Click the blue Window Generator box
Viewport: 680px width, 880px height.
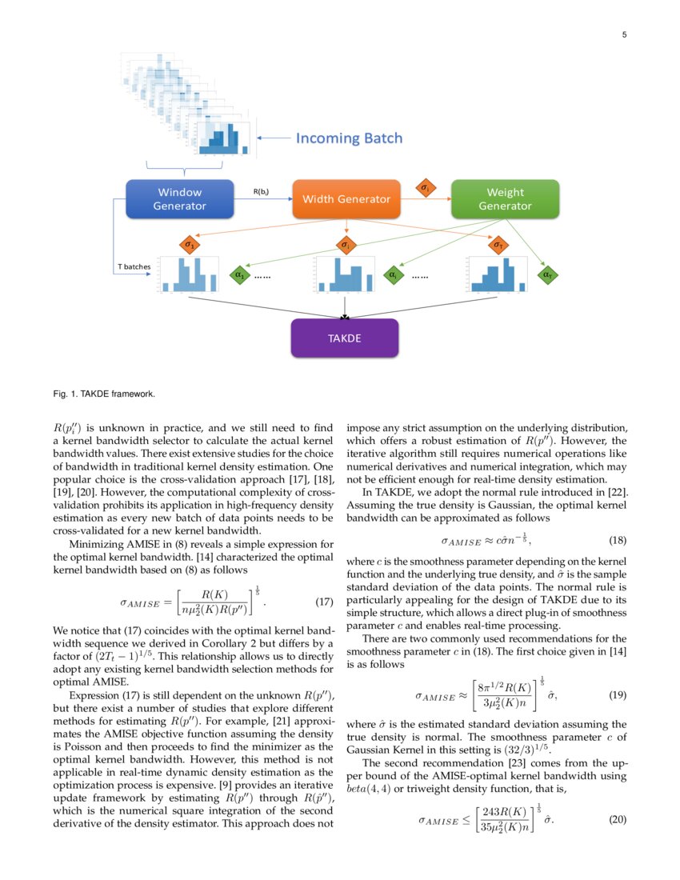[x=179, y=199]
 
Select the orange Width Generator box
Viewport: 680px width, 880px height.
[x=346, y=199]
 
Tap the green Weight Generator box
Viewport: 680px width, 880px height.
[x=505, y=199]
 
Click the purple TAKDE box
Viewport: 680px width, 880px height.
[x=345, y=338]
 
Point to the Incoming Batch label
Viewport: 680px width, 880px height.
[x=349, y=138]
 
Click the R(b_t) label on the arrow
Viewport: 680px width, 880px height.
[x=261, y=192]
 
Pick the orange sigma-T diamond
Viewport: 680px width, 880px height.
[x=498, y=244]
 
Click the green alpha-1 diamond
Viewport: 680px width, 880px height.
[x=239, y=275]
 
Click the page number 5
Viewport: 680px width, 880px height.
[x=624, y=35]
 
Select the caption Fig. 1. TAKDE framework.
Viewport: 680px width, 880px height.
[x=104, y=394]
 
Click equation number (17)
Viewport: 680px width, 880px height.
[x=320, y=601]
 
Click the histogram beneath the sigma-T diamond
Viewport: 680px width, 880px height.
[x=498, y=277]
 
